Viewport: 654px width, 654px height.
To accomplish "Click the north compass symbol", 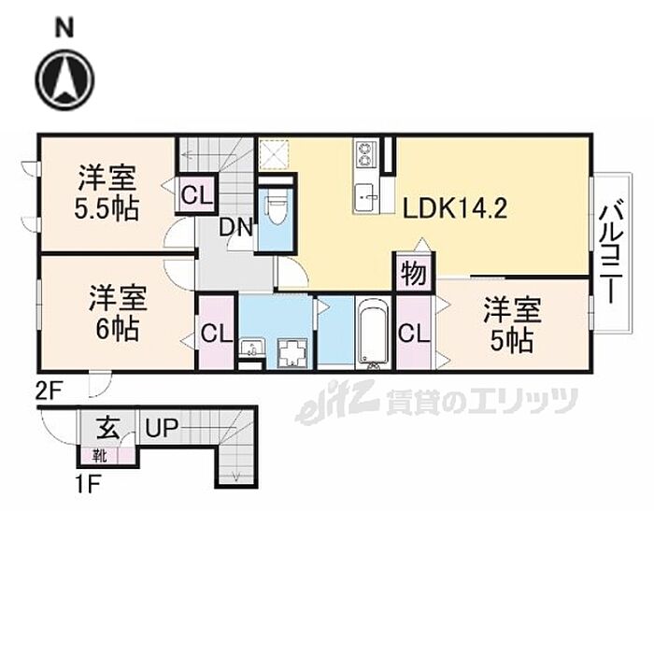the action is click(64, 79).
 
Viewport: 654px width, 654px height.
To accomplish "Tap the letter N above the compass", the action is click(64, 29).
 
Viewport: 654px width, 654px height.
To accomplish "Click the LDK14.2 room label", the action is click(455, 208).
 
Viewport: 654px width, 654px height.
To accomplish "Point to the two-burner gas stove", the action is click(366, 154).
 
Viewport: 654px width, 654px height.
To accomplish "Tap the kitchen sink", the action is click(366, 197).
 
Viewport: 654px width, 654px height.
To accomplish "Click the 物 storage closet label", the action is click(414, 274).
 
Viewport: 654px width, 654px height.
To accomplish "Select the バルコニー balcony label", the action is click(611, 251).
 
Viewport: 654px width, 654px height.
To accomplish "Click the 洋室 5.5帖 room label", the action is click(107, 192).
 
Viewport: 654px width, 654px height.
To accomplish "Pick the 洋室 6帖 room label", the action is click(117, 313).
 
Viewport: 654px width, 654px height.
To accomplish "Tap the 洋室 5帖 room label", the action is click(512, 325).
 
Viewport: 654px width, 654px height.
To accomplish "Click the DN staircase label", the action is click(236, 228).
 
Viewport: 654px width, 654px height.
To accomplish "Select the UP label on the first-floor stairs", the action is click(162, 428).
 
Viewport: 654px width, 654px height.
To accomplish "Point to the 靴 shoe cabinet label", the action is click(100, 456).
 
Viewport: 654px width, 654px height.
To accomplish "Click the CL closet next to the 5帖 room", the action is click(414, 334).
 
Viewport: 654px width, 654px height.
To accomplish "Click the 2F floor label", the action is click(50, 392).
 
